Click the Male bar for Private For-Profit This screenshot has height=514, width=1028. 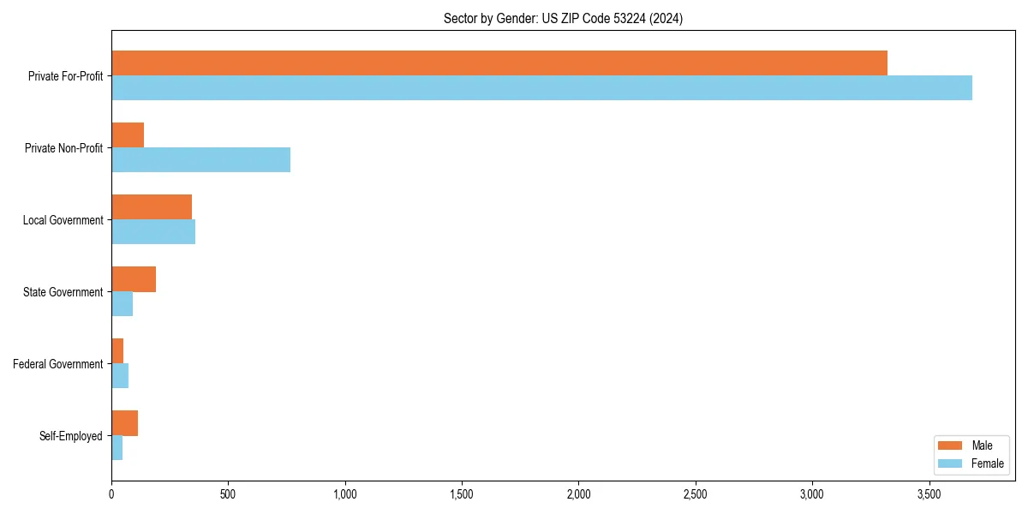pyautogui.click(x=499, y=63)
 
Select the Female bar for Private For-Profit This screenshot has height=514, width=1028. pyautogui.click(x=541, y=88)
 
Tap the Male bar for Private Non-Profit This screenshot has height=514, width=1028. pyautogui.click(x=128, y=135)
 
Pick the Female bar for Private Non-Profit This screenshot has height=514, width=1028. pyautogui.click(x=200, y=160)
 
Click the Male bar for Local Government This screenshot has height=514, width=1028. pyautogui.click(x=152, y=207)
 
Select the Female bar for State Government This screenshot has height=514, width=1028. pyautogui.click(x=122, y=304)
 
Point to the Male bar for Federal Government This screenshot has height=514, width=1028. pyautogui.click(x=117, y=351)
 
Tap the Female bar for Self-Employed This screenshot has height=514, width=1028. pyautogui.click(x=117, y=448)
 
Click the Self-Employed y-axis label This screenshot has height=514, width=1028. pyautogui.click(x=71, y=436)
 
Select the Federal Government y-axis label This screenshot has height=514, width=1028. pyautogui.click(x=58, y=364)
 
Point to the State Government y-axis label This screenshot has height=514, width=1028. pyautogui.click(x=63, y=292)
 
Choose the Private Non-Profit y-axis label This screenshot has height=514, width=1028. pyautogui.click(x=64, y=148)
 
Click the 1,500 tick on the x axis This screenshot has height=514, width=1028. pyautogui.click(x=462, y=494)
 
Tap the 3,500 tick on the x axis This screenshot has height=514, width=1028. pyautogui.click(x=929, y=494)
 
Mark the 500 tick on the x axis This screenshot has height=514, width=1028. pyautogui.click(x=228, y=494)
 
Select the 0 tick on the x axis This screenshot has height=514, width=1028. pyautogui.click(x=111, y=494)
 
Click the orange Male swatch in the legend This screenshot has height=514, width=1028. pyautogui.click(x=951, y=445)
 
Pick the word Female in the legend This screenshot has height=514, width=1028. pyautogui.click(x=987, y=463)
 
